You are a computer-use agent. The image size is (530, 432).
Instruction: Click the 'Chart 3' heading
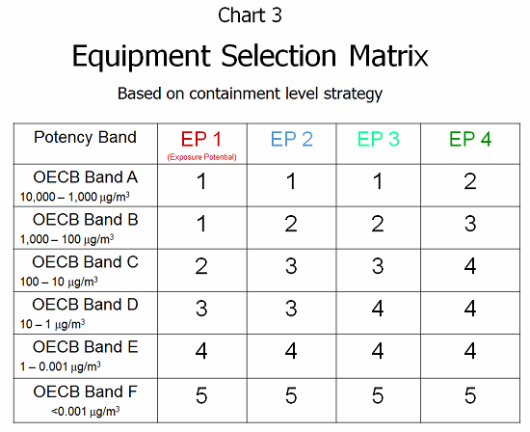click(x=250, y=15)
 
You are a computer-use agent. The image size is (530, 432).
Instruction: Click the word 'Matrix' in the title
click(x=388, y=56)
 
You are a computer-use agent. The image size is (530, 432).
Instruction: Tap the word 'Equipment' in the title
click(x=142, y=57)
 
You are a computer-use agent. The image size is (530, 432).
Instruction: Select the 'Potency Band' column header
click(x=85, y=137)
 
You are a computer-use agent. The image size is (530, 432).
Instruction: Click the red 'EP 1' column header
click(x=201, y=139)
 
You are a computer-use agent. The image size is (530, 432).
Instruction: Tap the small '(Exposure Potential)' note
click(x=201, y=157)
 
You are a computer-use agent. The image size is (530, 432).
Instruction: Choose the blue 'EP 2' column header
click(x=292, y=139)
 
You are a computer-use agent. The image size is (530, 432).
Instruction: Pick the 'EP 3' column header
click(x=379, y=139)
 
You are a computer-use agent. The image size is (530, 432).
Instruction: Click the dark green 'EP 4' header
click(x=470, y=139)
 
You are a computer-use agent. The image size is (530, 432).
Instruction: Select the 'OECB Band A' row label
click(x=86, y=177)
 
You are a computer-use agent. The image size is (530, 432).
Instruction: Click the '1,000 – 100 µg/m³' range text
click(x=66, y=239)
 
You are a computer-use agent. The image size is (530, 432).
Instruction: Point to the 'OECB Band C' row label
click(x=85, y=262)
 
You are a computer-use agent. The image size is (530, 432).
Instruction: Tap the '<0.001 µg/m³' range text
click(x=85, y=412)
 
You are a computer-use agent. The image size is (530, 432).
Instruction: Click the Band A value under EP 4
click(x=470, y=181)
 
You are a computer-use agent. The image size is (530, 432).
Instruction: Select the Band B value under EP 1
click(x=201, y=224)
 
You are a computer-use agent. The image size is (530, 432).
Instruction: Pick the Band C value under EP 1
click(x=201, y=266)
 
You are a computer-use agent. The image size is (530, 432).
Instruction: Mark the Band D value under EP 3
click(x=378, y=309)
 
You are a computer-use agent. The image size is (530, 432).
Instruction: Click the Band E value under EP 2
click(x=291, y=351)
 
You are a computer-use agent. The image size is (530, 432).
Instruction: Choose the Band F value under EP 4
click(x=470, y=395)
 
